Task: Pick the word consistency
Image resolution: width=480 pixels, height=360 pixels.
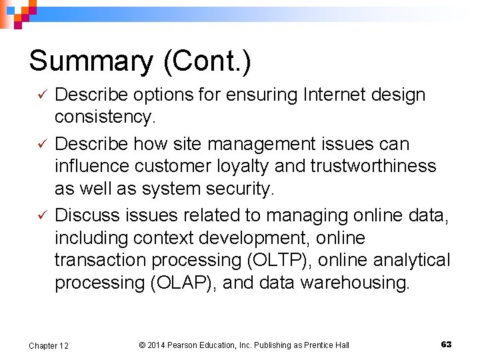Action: point(105,117)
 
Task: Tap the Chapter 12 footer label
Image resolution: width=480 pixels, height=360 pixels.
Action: point(48,345)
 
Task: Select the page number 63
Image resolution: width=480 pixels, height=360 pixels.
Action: point(446,345)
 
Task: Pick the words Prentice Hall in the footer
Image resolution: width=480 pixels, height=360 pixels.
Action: point(325,345)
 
